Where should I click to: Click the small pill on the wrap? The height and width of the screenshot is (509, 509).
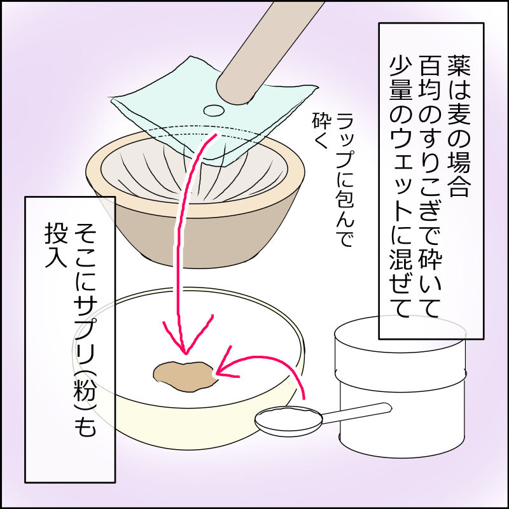[214, 111]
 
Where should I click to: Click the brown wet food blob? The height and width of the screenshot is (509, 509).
[185, 376]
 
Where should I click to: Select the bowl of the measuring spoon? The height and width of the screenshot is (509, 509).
[288, 421]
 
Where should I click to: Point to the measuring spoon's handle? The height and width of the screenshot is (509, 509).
[356, 412]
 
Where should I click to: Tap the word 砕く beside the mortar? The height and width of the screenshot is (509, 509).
[322, 130]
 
